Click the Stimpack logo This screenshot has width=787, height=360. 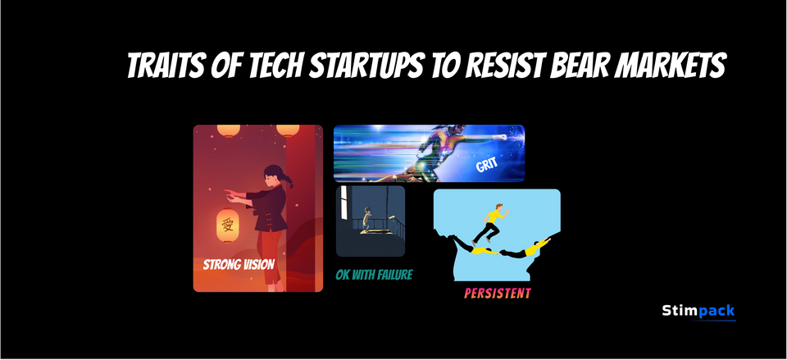[x=698, y=311]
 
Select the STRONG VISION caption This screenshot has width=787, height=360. [x=239, y=264]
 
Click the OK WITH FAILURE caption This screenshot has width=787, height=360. [x=374, y=275]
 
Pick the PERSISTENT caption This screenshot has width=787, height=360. [x=498, y=294]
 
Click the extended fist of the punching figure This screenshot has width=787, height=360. [x=499, y=137]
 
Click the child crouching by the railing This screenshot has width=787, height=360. [x=368, y=219]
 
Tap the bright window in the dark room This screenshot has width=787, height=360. [x=344, y=203]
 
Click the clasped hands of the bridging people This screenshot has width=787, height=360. [x=499, y=252]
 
